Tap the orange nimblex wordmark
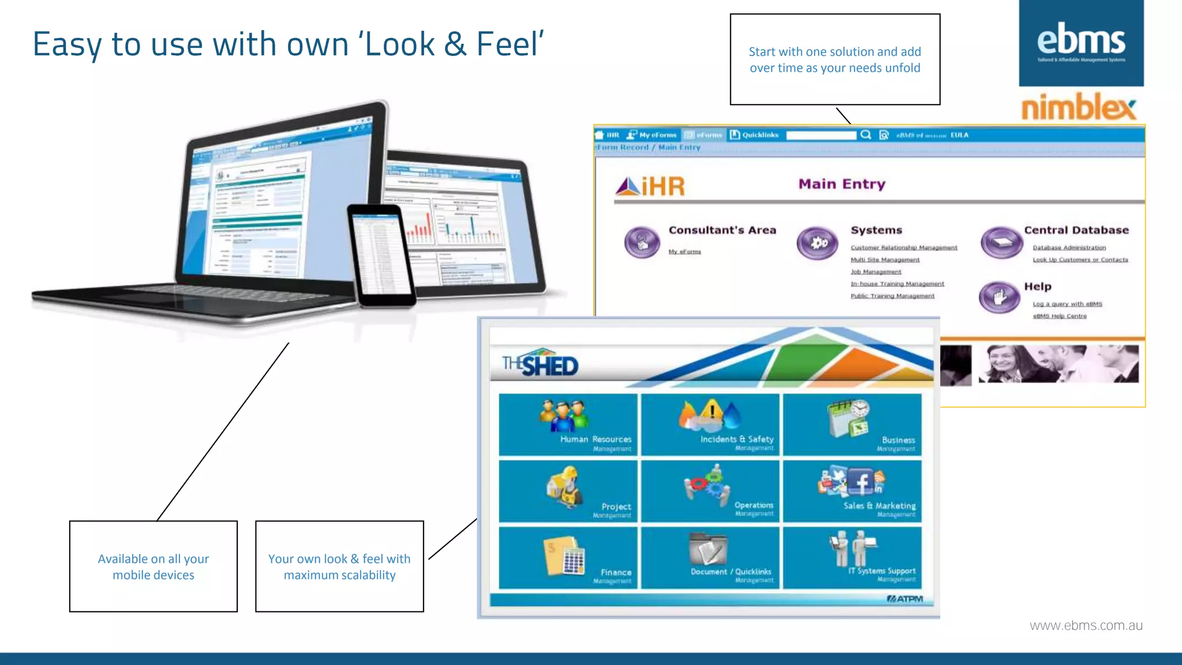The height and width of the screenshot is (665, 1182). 1078,107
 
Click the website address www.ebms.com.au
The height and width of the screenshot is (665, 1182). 1086,626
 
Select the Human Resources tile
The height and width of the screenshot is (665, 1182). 568,425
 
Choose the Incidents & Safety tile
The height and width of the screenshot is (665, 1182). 710,425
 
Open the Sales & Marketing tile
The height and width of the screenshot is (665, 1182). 852,491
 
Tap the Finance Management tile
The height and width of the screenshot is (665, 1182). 568,558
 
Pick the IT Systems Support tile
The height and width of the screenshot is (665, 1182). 852,558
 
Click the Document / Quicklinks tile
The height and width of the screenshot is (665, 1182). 710,558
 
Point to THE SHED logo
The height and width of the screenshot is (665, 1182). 540,364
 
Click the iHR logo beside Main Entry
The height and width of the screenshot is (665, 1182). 650,186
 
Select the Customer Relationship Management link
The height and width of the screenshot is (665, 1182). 904,248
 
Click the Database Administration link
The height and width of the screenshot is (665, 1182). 1069,248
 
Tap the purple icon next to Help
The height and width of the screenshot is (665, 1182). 999,297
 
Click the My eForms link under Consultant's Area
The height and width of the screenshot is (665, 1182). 684,252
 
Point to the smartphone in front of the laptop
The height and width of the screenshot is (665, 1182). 381,254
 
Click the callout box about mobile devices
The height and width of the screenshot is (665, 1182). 154,566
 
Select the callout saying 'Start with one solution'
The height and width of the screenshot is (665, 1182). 835,59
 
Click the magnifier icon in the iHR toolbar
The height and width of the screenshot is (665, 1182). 866,135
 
